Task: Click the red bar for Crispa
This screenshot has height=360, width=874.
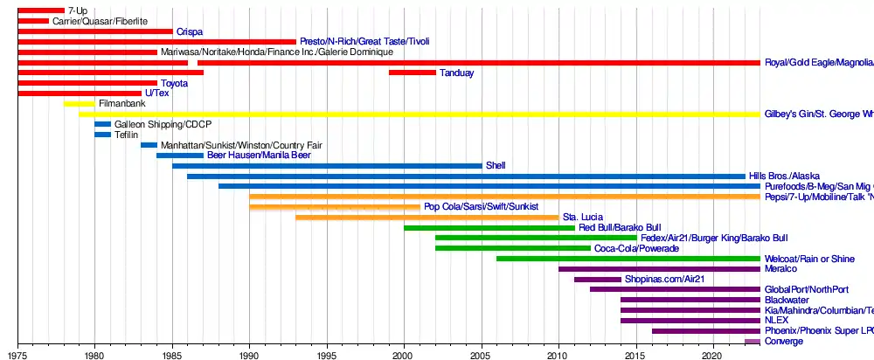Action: click(95, 31)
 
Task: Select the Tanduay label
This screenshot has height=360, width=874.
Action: click(456, 73)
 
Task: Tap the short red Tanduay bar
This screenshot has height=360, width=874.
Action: click(413, 73)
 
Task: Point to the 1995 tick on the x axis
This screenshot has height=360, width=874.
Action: click(327, 343)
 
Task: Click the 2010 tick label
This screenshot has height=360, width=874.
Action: click(558, 354)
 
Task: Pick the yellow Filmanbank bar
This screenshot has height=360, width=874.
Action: click(79, 104)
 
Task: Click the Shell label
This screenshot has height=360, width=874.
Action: click(496, 166)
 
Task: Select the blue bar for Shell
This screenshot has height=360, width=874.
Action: click(327, 166)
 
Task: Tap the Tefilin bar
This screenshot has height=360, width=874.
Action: click(102, 135)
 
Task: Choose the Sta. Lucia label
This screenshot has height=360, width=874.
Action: click(582, 218)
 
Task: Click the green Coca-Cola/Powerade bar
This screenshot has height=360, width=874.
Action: click(512, 248)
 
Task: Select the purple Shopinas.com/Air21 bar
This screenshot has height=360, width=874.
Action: click(598, 280)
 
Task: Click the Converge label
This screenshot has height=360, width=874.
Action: click(783, 342)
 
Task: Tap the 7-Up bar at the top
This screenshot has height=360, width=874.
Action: click(40, 10)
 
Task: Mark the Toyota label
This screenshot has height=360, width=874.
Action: click(174, 83)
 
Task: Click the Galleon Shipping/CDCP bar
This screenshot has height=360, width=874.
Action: click(102, 124)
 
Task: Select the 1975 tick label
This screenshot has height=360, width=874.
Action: click(18, 354)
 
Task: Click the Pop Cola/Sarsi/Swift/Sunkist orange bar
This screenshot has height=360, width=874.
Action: click(335, 207)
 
